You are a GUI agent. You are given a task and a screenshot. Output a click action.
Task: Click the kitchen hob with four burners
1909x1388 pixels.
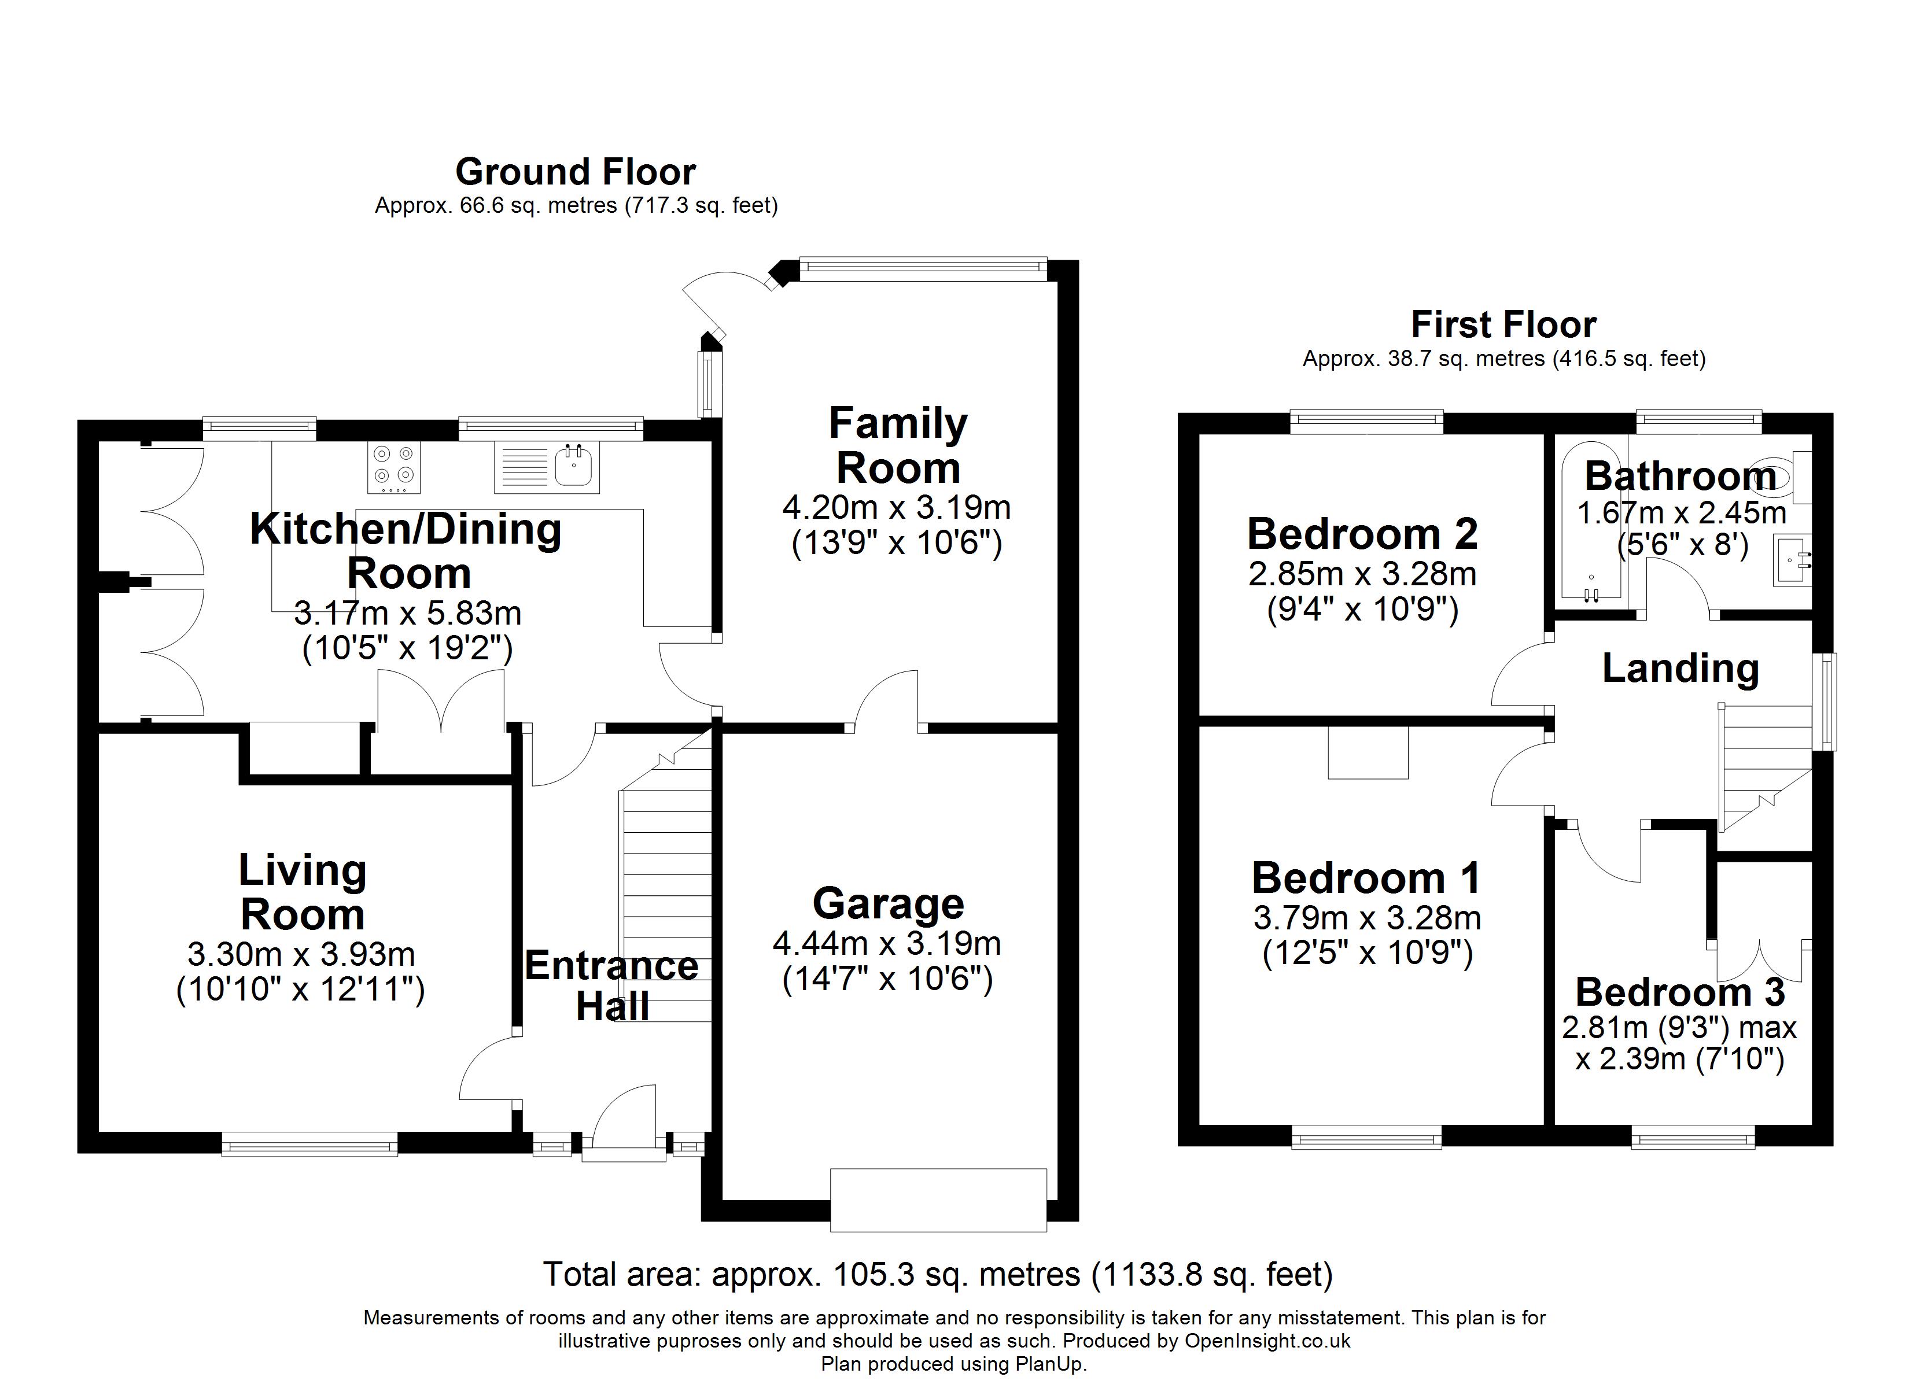point(395,468)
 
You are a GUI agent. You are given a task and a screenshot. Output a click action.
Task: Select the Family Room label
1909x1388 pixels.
point(898,445)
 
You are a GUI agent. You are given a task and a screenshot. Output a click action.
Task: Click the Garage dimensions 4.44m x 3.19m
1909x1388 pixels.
point(887,944)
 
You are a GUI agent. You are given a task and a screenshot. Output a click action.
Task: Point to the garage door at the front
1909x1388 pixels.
point(938,1199)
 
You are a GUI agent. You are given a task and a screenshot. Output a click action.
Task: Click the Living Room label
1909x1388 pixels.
point(302,892)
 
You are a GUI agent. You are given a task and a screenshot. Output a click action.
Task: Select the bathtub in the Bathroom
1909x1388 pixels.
point(1591,526)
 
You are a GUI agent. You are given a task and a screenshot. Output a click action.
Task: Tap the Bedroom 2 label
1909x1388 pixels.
point(1362,534)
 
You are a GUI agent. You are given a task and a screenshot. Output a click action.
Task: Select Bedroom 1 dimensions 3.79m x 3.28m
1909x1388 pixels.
point(1367,917)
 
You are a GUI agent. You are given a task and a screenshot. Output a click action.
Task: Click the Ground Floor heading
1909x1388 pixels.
point(575,172)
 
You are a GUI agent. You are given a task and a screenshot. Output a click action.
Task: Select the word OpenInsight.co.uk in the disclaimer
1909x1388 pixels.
point(1267,1341)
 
